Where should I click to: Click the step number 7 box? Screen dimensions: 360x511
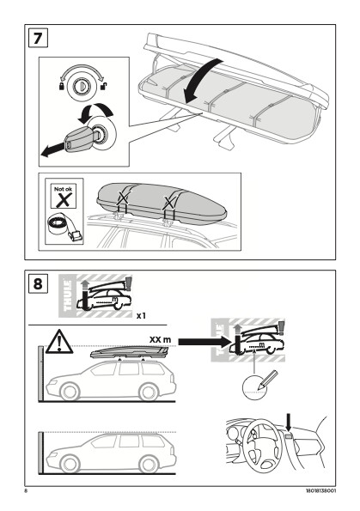pos(38,38)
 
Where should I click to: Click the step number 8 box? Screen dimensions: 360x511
pos(38,283)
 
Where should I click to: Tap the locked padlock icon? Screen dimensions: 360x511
pos(61,87)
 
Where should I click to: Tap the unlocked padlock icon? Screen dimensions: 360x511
pos(105,87)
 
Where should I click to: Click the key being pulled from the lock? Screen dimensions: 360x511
pos(79,138)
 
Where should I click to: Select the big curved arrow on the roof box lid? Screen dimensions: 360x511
pos(199,79)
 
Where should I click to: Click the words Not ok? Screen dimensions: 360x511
pos(64,189)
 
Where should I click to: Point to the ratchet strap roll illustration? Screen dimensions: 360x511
pos(65,228)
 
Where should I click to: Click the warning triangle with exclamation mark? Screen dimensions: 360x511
pos(59,342)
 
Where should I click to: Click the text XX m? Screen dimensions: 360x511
pos(160,339)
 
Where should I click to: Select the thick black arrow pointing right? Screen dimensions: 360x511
pos(204,342)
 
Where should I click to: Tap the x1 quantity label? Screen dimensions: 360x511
pos(141,315)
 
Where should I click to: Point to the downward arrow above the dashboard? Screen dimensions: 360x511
pos(289,423)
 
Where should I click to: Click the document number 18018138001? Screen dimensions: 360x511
pos(320,490)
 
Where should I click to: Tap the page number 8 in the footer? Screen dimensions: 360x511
pos(26,490)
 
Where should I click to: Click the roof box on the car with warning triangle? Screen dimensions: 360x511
pos(130,353)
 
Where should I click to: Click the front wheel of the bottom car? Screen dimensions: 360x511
pos(70,464)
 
